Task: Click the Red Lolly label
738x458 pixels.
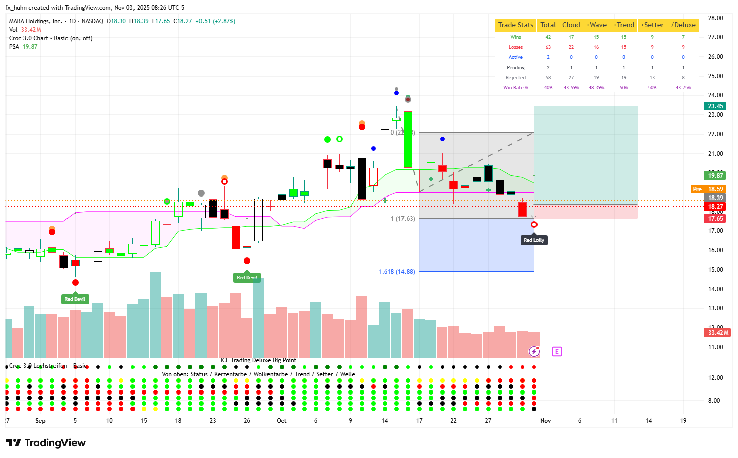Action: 534,240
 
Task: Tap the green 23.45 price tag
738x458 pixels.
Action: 715,106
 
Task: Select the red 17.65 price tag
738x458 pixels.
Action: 715,219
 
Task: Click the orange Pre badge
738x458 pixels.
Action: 697,189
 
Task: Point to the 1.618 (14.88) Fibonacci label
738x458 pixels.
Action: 397,272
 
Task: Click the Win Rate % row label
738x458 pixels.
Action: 516,88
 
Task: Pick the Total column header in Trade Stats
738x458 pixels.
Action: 548,25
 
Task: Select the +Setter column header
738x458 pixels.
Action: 652,25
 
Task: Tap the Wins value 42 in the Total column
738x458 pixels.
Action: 548,37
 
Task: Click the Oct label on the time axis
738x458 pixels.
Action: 281,421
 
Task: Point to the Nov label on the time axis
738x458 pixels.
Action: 545,421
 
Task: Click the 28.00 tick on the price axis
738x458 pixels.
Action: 715,18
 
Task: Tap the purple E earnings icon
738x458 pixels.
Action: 557,351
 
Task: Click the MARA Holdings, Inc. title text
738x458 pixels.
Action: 36,21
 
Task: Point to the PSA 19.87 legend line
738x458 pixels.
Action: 23,47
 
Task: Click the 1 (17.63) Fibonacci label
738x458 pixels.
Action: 402,219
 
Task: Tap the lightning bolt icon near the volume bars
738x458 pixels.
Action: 534,351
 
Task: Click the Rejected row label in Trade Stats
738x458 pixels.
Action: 516,78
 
